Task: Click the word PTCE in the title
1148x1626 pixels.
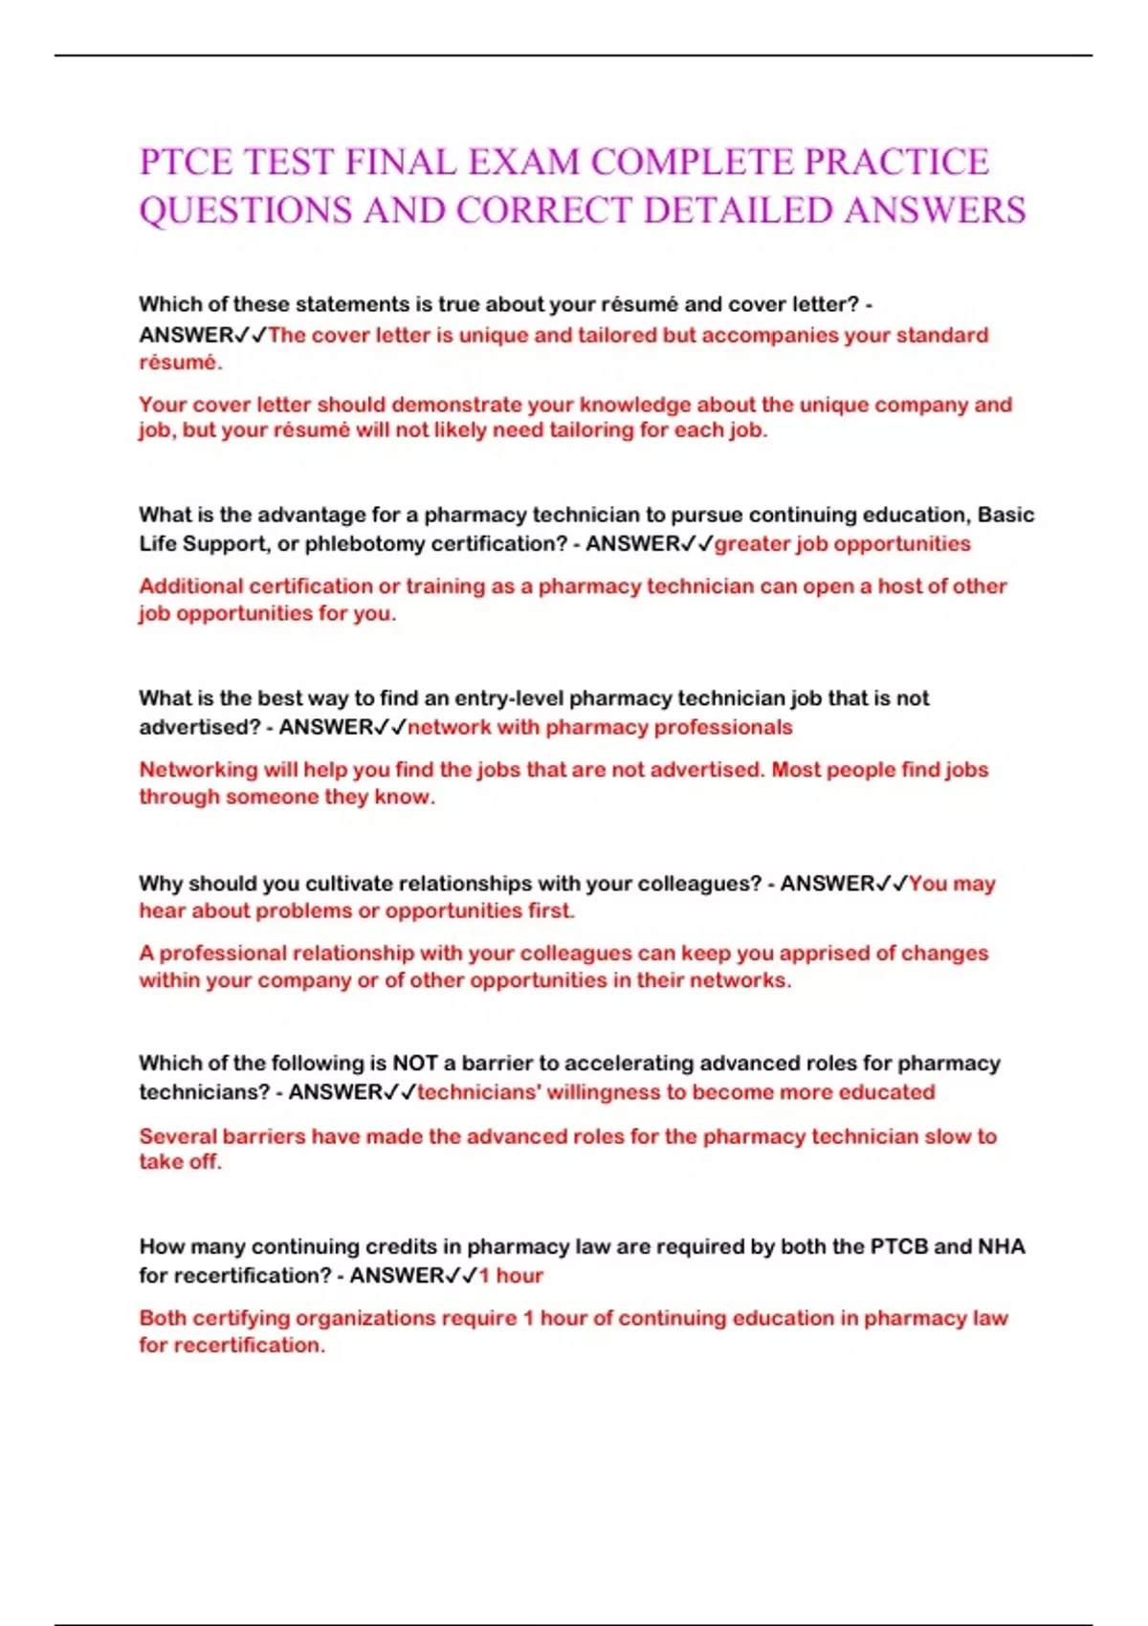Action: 186,163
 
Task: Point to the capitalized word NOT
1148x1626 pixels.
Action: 414,1064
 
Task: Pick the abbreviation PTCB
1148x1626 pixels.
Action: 898,1247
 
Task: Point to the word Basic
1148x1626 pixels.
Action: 1006,516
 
